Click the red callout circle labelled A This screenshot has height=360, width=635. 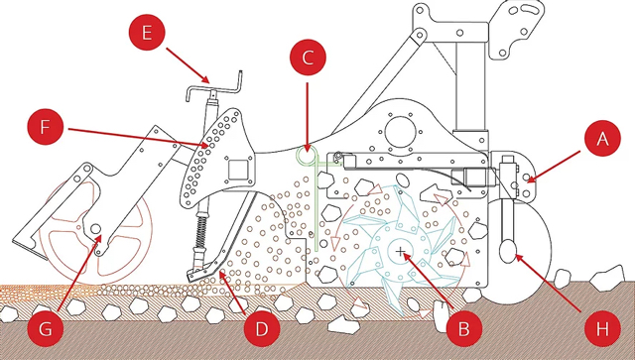602,139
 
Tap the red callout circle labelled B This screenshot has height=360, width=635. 463,328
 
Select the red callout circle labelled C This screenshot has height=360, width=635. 308,58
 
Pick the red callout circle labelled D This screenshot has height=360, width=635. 262,328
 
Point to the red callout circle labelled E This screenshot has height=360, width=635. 147,32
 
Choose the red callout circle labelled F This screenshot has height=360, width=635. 46,126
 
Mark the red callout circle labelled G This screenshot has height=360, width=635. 46,328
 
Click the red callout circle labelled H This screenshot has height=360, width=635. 602,328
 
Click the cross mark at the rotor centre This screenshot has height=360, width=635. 401,252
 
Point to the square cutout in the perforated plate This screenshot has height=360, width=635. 238,170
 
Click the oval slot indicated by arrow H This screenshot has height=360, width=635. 508,251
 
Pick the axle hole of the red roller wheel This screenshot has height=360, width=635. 95,229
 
